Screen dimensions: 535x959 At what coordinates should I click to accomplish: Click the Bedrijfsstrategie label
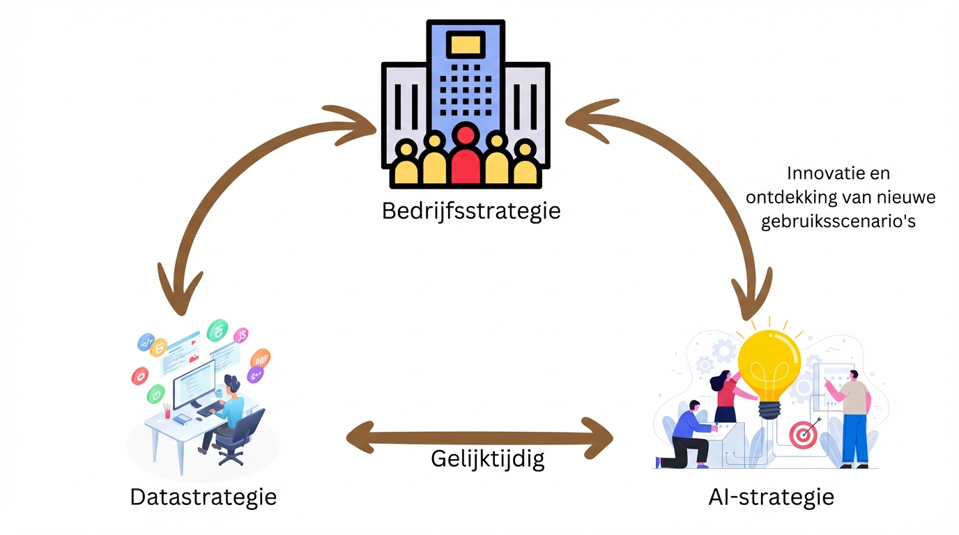pyautogui.click(x=471, y=210)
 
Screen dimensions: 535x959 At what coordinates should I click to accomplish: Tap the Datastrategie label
pyautogui.click(x=203, y=497)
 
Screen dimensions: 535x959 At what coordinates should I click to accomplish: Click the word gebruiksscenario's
pyautogui.click(x=840, y=222)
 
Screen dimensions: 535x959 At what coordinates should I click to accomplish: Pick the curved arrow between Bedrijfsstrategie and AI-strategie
pyautogui.click(x=725, y=181)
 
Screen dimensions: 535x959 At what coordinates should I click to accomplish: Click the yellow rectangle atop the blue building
pyautogui.click(x=466, y=45)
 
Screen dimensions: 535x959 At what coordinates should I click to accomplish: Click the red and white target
pyautogui.click(x=803, y=435)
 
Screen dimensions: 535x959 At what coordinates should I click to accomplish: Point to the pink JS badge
pyautogui.click(x=242, y=336)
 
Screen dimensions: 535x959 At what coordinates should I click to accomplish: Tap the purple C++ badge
pyautogui.click(x=256, y=375)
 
